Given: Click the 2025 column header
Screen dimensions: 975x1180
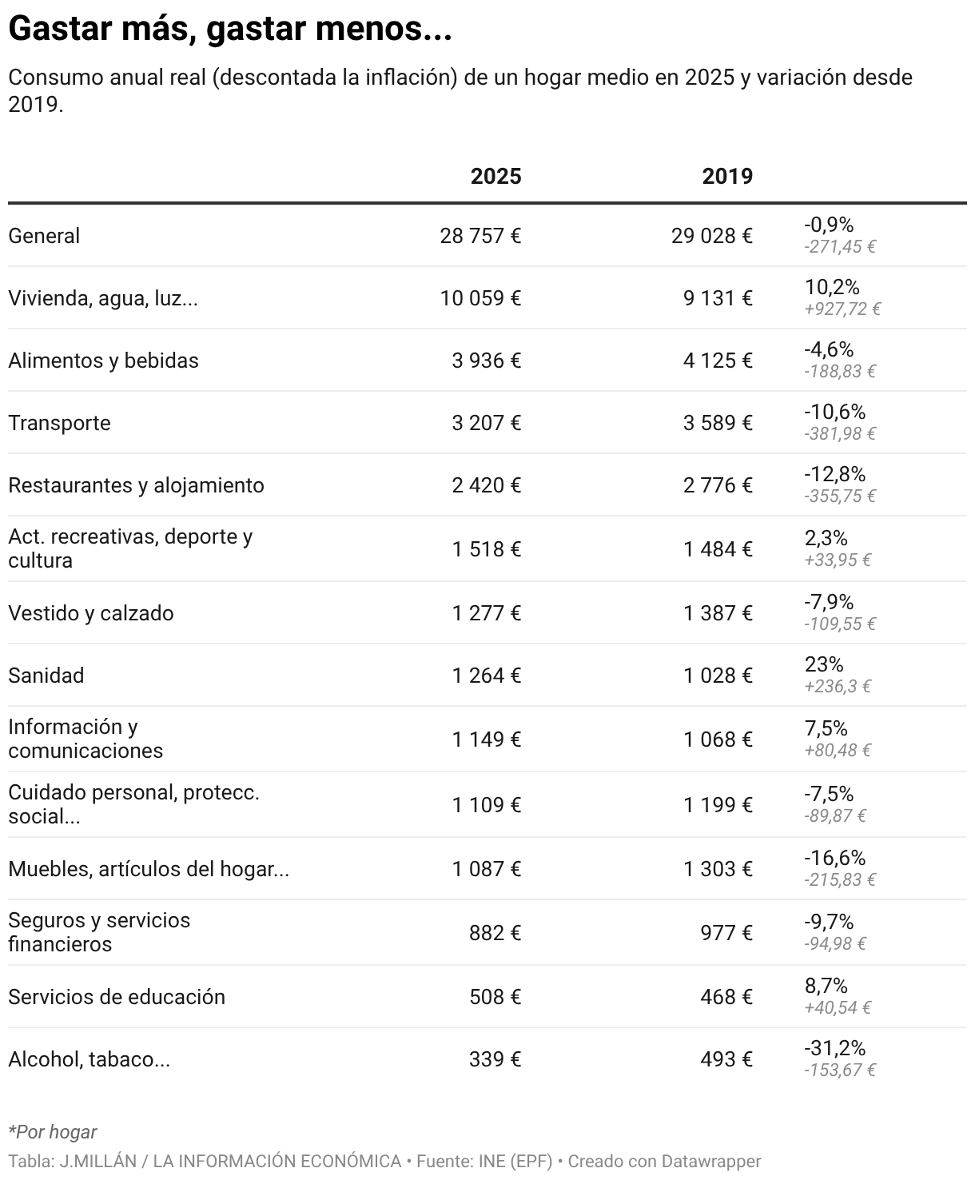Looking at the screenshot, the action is pos(495,177).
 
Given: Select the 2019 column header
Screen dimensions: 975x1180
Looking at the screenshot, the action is pos(727,177).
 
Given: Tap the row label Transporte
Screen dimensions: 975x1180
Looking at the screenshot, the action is pos(59,423).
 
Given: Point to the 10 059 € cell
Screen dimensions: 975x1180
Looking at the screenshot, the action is pos(480,298).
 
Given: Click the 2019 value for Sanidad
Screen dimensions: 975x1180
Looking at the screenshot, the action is pos(718,676).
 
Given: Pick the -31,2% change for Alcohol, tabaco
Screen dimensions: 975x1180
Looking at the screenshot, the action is pos(834,1048).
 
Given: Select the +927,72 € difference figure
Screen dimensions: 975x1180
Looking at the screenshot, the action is pos(842,309).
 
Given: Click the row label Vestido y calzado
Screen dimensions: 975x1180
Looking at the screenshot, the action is pos(91,613).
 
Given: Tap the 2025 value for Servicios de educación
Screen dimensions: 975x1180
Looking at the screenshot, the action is pos(495,997).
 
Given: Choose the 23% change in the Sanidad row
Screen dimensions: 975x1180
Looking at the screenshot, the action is pos(824,664).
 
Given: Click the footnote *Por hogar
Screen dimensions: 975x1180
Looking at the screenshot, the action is pos(53,1132).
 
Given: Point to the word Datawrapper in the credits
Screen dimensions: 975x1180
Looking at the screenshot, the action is pos(711,1162).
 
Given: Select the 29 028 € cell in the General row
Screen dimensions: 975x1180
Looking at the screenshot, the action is pos(712,236).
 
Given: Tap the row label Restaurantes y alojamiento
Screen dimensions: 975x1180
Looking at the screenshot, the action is pos(136,485).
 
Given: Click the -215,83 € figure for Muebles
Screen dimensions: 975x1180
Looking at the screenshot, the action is pos(840,880).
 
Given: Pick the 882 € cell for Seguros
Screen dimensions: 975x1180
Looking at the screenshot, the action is pos(495,932).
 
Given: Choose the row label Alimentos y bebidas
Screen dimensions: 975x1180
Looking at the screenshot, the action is pos(103,361).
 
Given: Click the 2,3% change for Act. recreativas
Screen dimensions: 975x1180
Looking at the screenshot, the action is pos(826,537).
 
